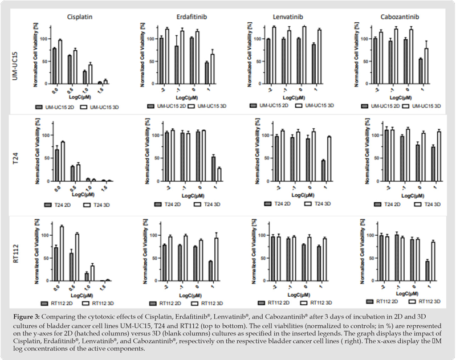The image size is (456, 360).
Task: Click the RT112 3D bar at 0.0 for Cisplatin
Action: pos(61,253)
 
